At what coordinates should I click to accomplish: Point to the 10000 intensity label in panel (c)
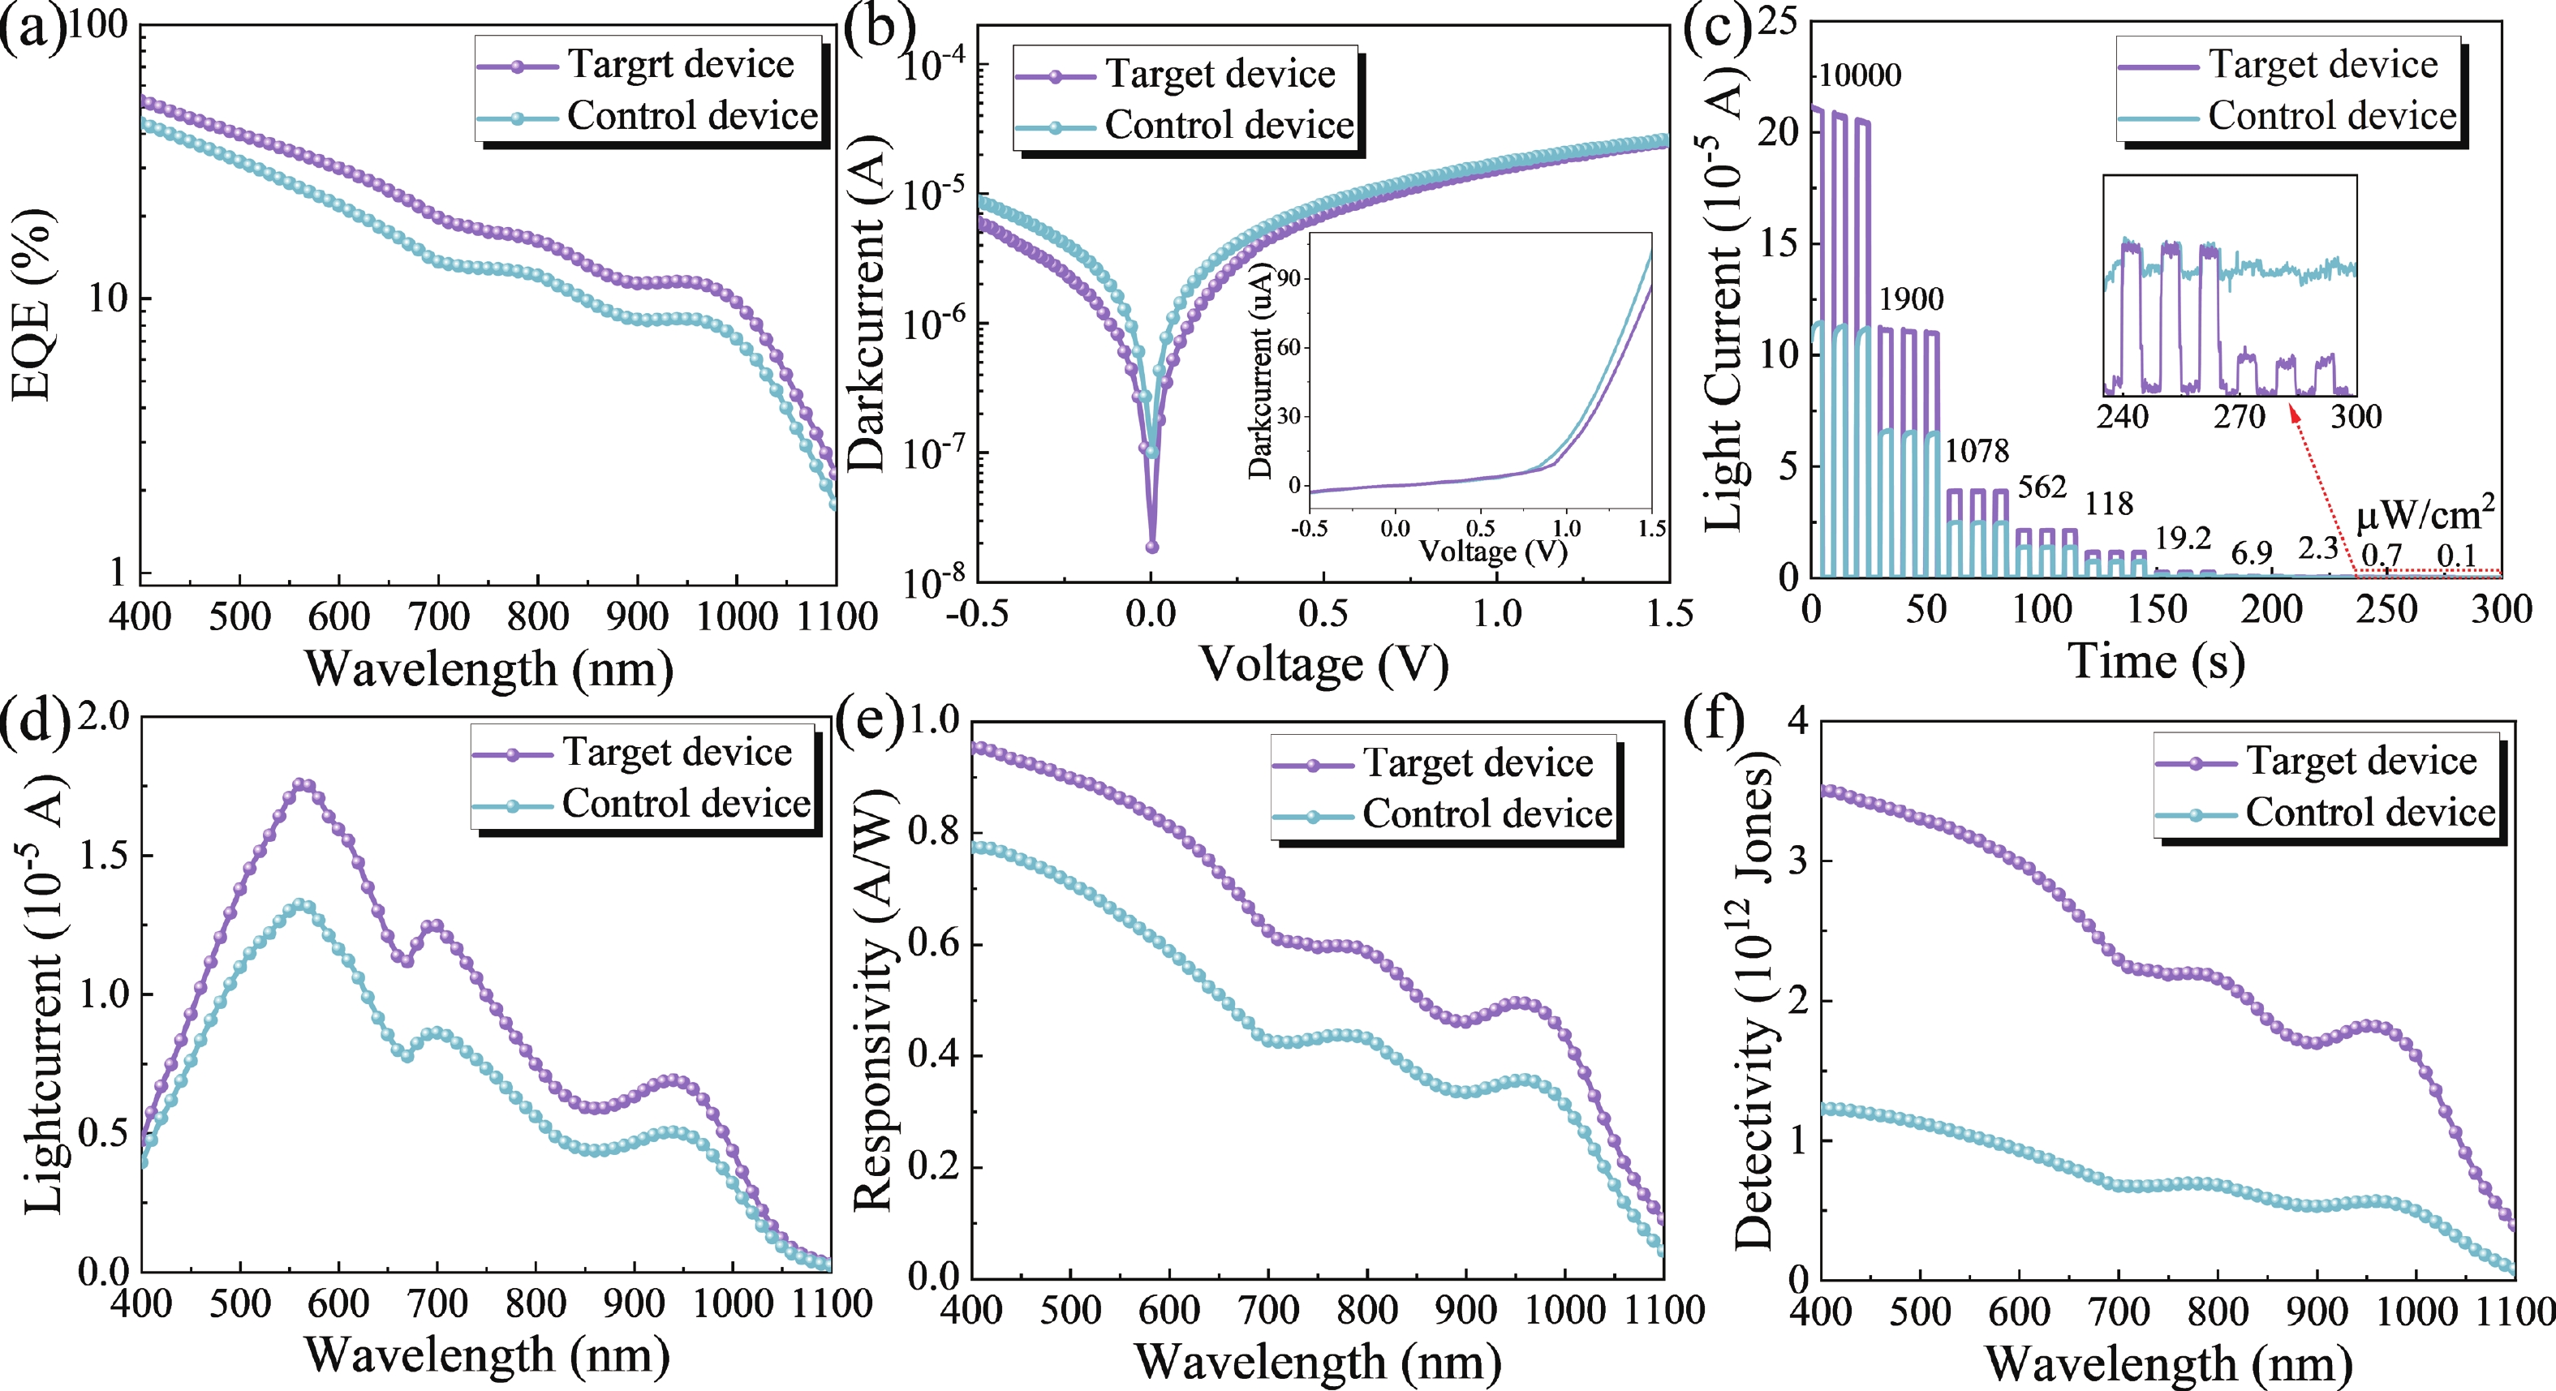pyautogui.click(x=1861, y=75)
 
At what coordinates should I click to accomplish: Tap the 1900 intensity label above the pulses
pyautogui.click(x=1911, y=298)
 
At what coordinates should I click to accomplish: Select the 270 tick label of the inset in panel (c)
pyautogui.click(x=2239, y=416)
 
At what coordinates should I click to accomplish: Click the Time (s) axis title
pyautogui.click(x=2155, y=661)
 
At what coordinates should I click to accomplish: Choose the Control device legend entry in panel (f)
pyautogui.click(x=2369, y=813)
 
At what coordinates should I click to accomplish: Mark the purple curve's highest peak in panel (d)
pyautogui.click(x=303, y=786)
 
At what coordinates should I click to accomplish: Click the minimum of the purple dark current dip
pyautogui.click(x=1152, y=547)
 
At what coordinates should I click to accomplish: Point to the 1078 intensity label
pyautogui.click(x=1976, y=452)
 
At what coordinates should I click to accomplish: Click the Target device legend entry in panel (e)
pyautogui.click(x=1478, y=763)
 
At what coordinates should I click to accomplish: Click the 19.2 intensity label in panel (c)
pyautogui.click(x=2183, y=539)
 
